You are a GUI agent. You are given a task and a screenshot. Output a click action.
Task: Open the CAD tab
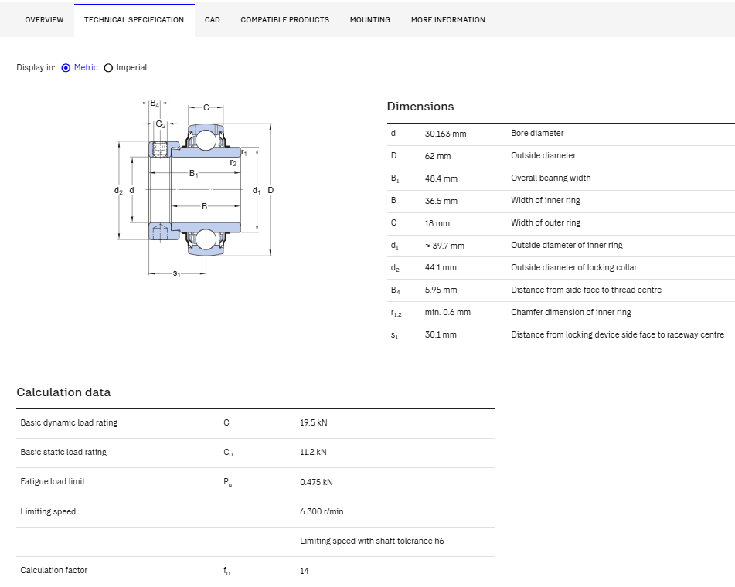click(x=212, y=19)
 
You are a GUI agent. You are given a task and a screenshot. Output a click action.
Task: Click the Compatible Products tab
click(x=284, y=19)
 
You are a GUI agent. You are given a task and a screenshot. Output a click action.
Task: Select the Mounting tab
click(x=370, y=19)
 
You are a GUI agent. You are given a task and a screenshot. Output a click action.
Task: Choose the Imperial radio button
click(x=108, y=68)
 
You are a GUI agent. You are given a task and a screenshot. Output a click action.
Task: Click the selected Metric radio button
click(x=66, y=68)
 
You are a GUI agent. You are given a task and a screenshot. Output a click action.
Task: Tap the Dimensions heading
click(x=420, y=107)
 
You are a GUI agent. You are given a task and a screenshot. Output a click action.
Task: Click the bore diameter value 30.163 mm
click(x=445, y=134)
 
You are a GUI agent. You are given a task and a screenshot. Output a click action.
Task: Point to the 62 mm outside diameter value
click(x=437, y=156)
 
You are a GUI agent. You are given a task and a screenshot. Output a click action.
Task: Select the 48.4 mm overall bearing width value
click(x=441, y=178)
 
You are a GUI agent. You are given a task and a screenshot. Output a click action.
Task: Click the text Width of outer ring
click(x=546, y=222)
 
